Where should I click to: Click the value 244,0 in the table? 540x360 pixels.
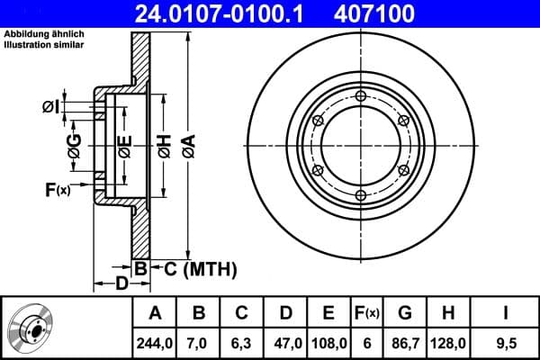point(154,342)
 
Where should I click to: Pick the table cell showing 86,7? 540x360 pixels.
point(405,342)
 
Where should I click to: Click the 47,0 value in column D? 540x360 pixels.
point(284,342)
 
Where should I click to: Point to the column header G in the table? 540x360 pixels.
point(405,312)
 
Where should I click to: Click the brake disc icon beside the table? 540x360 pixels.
point(33,328)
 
